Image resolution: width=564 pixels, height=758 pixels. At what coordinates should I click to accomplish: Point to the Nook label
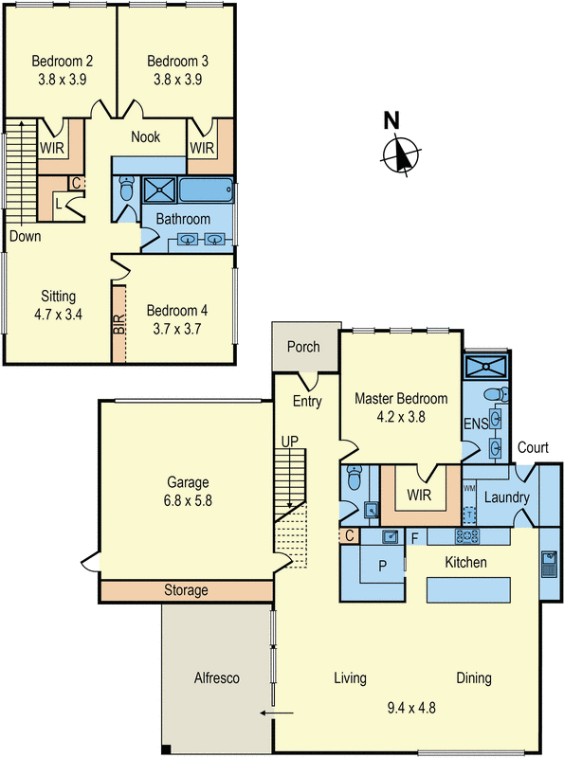tap(145, 137)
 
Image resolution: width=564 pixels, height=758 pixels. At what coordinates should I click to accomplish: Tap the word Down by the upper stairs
tap(25, 236)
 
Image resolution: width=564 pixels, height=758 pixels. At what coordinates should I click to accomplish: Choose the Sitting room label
tap(58, 296)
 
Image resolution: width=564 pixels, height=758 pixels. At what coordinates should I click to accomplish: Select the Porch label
tap(304, 347)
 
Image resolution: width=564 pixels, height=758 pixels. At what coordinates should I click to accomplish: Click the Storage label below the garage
tap(186, 590)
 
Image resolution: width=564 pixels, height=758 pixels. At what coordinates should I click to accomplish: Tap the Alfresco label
tap(218, 678)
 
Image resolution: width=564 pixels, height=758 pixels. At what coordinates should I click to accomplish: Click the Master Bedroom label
tap(397, 399)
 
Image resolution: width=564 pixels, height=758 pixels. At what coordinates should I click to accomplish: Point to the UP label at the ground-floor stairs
tap(290, 442)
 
